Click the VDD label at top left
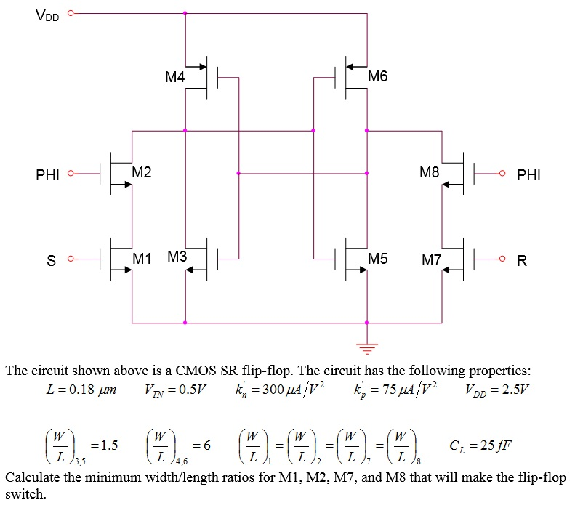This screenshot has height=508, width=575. pyautogui.click(x=47, y=14)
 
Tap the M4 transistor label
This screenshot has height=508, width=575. pyautogui.click(x=174, y=77)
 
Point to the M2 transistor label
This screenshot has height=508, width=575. pyautogui.click(x=142, y=172)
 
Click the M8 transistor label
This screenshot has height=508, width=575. pyautogui.click(x=430, y=172)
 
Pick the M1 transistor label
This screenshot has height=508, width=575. pyautogui.click(x=142, y=257)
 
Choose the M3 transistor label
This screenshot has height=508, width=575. pyautogui.click(x=177, y=257)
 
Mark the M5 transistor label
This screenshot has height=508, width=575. pyautogui.click(x=378, y=258)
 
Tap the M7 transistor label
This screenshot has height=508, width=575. pyautogui.click(x=432, y=259)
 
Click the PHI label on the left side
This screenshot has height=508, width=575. pyautogui.click(x=47, y=175)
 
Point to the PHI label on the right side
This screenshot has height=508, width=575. pyautogui.click(x=528, y=175)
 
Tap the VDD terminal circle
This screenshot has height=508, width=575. pyautogui.click(x=71, y=12)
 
